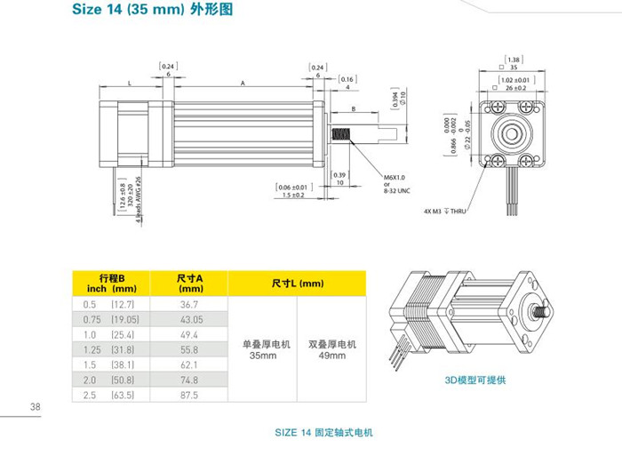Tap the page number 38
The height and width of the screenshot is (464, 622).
36,407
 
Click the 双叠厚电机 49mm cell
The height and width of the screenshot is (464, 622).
331,348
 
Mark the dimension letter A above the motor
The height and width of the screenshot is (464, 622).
243,82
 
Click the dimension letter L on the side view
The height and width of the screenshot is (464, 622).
130,82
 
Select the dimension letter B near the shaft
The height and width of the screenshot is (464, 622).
353,110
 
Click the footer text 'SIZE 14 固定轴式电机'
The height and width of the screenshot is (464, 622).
324,433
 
